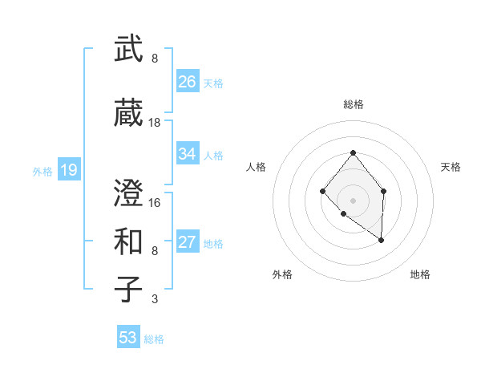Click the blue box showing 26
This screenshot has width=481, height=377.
click(188, 82)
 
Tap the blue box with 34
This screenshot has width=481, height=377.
click(188, 154)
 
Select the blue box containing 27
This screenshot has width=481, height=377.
click(188, 242)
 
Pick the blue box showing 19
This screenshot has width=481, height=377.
click(69, 170)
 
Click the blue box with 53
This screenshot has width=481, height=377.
click(128, 338)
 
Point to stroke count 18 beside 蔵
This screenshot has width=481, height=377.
click(155, 123)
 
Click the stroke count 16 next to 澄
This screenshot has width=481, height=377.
click(155, 202)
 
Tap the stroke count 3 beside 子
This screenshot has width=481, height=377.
click(155, 299)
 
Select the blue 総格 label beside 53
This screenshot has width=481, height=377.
click(155, 339)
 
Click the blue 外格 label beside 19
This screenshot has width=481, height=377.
click(42, 171)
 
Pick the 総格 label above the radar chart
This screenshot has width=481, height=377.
click(353, 104)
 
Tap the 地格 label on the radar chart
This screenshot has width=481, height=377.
click(420, 274)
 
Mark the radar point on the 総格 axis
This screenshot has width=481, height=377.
click(353, 152)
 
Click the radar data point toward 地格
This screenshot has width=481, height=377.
click(382, 240)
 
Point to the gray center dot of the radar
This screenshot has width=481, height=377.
click(353, 200)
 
